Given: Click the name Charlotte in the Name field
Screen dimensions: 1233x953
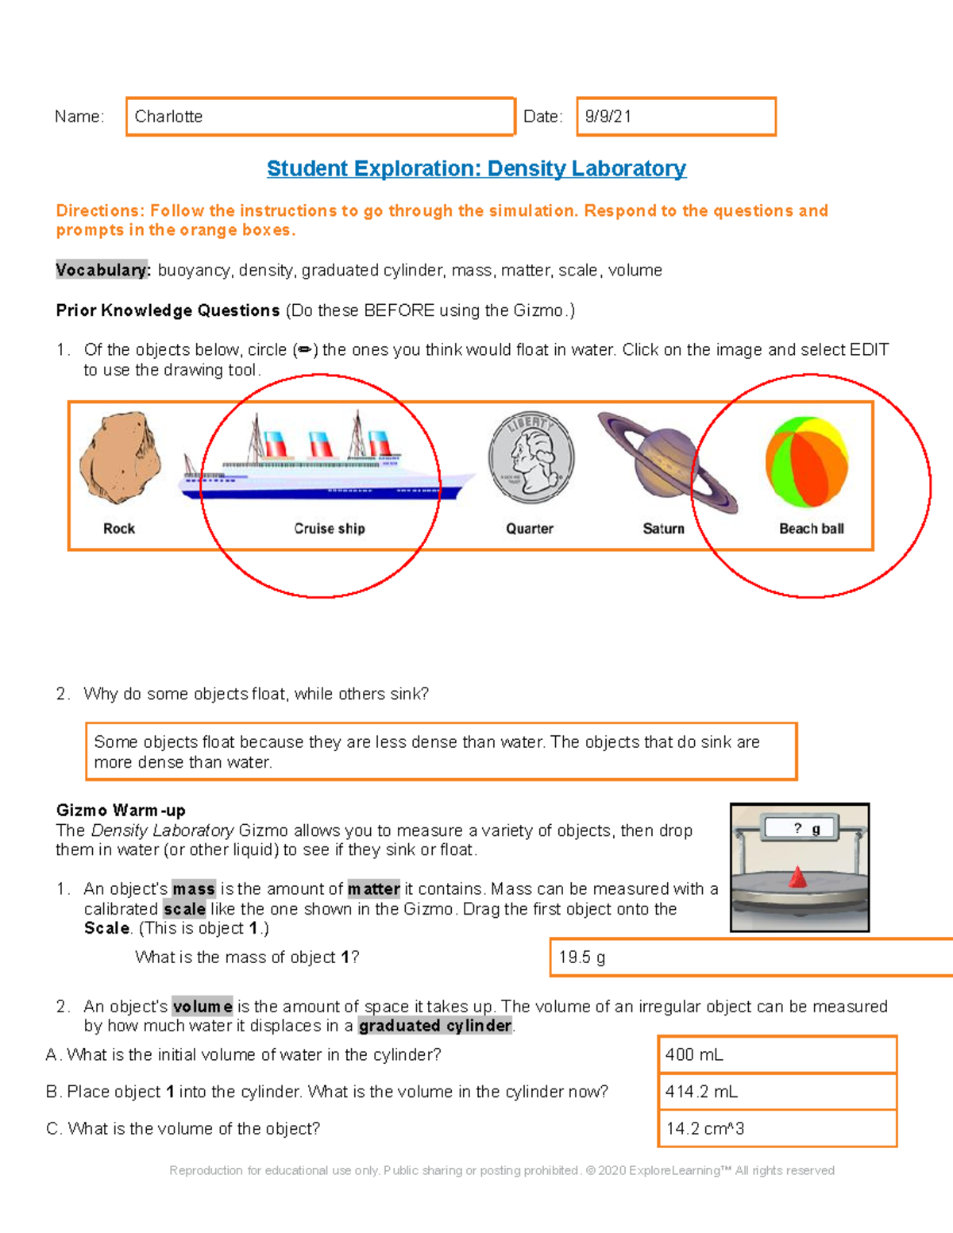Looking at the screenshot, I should click(x=168, y=117).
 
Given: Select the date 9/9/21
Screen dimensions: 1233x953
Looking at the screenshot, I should click(x=608, y=117).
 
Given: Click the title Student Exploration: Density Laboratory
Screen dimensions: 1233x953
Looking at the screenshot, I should click(x=476, y=168).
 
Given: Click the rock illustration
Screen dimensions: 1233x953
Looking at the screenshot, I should click(x=120, y=458).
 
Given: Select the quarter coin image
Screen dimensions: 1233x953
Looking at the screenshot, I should click(x=531, y=458).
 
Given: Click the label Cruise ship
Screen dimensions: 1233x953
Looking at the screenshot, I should click(x=329, y=529).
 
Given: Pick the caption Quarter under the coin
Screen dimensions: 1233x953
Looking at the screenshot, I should click(x=530, y=529).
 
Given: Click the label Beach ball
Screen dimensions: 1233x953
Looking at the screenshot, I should click(x=811, y=529).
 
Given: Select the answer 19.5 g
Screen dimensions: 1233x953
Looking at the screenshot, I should click(x=581, y=958).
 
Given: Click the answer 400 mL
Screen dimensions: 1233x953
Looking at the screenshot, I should click(x=694, y=1055).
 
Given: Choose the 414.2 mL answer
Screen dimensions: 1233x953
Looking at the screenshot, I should click(x=701, y=1092).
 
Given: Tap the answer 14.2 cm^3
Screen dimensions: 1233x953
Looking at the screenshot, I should click(x=704, y=1128).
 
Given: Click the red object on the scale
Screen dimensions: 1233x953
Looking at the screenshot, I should click(x=797, y=878).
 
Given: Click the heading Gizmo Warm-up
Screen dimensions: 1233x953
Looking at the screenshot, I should click(x=121, y=811).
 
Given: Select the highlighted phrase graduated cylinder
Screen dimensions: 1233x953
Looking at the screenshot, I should click(x=435, y=1026).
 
